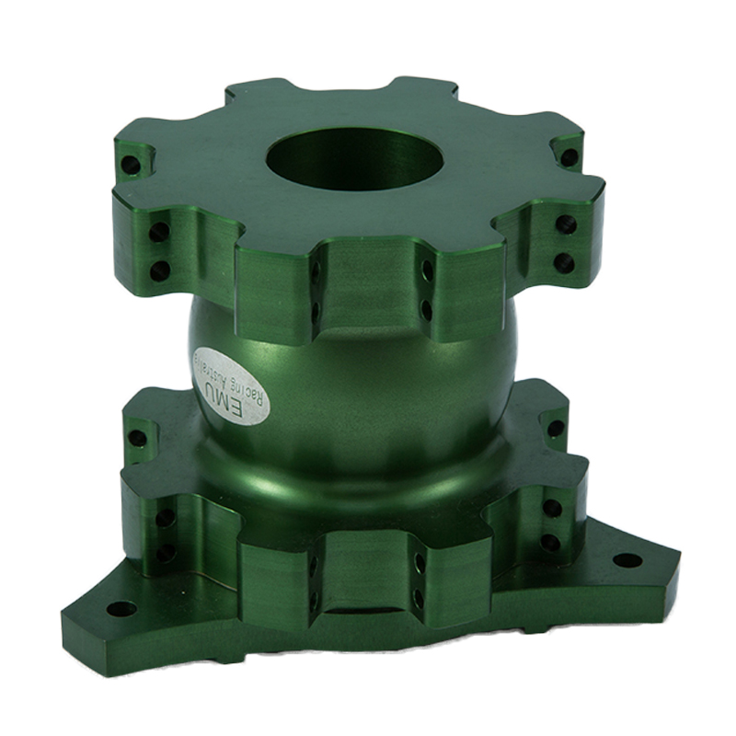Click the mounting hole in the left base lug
pos(121,608)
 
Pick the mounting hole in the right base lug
pos(627,559)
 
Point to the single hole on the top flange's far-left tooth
pos(131,166)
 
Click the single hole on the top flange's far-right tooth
pos(569,157)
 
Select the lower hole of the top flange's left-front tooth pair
pos(159,270)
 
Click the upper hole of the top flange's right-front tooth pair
pos(566,224)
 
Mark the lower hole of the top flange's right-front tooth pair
pos(564,263)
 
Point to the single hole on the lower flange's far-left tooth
pos(137,438)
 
